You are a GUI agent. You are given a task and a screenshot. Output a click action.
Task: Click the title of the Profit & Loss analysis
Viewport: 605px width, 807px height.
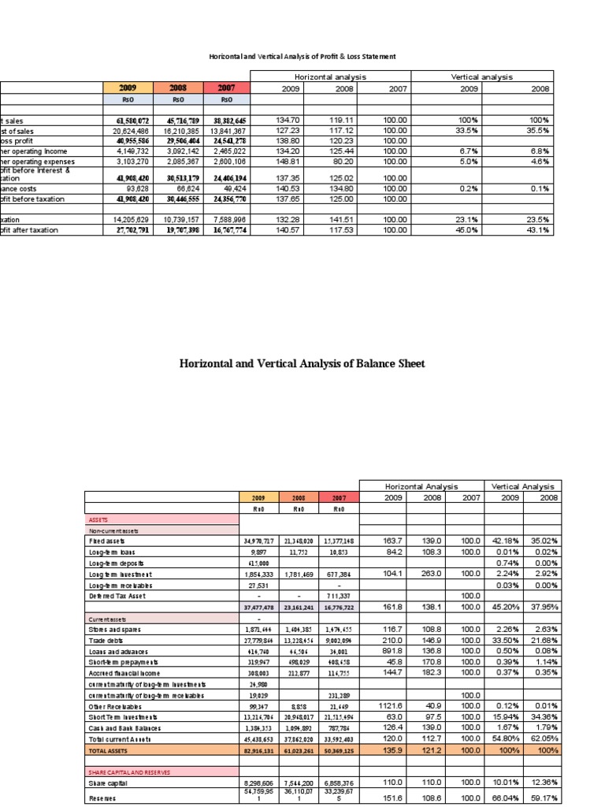coord(302,57)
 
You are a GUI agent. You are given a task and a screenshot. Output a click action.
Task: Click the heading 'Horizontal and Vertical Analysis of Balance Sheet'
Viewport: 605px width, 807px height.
coord(302,363)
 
